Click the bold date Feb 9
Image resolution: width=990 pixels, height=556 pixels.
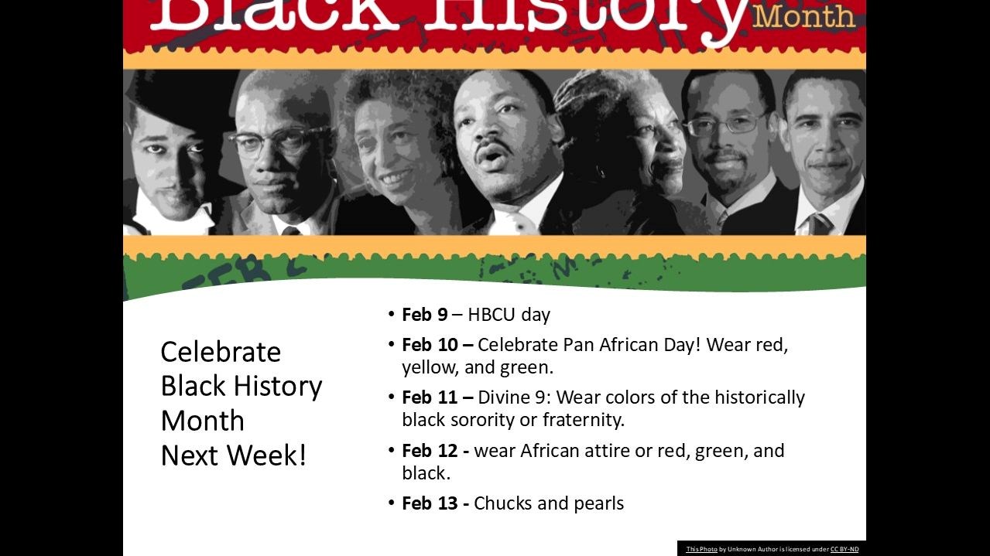pos(424,315)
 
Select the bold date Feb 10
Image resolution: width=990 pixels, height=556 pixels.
pos(430,345)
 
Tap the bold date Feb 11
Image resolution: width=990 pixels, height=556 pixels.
pos(430,397)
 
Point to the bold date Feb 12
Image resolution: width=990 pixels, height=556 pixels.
pos(430,451)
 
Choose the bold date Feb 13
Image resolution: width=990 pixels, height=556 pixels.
pos(430,503)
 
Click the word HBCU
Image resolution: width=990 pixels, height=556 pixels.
pos(492,315)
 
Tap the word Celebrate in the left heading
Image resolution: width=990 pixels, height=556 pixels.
pos(221,353)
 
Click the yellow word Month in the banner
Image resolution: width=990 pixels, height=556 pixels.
pos(804,15)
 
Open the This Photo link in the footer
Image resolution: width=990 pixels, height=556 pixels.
pos(701,549)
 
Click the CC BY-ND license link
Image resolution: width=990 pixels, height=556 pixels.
pos(844,549)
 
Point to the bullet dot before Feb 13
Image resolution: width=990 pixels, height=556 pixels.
pos(392,503)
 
